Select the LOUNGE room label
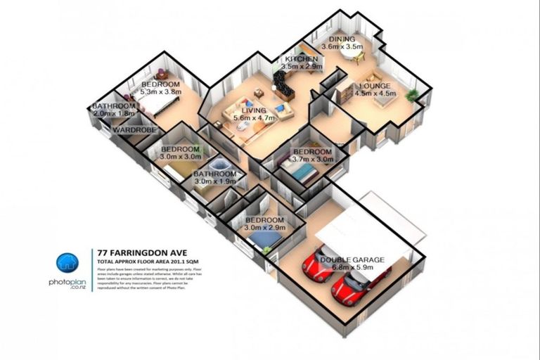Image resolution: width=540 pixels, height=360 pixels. pos(373,86)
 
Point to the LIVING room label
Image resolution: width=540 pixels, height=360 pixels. pos(254,110)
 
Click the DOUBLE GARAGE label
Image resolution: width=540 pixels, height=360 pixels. pos(352,259)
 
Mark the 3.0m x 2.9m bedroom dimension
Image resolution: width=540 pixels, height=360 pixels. pos(264,229)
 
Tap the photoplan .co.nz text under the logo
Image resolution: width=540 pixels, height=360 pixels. pos(67,284)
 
